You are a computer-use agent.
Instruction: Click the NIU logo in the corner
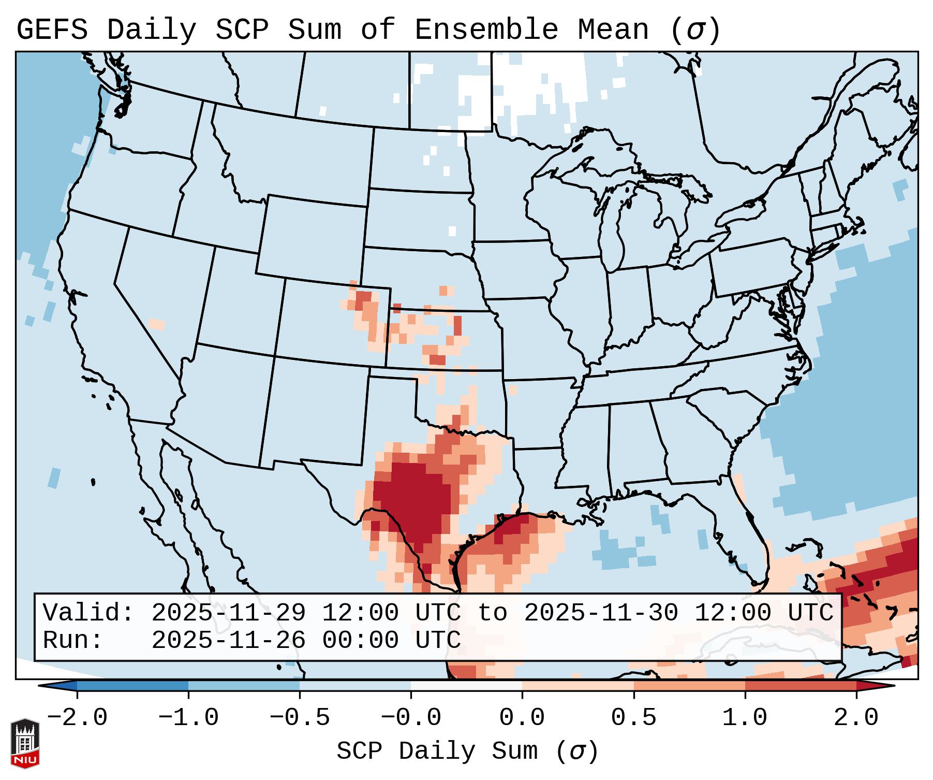(24, 743)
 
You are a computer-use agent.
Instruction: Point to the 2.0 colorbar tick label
(856, 718)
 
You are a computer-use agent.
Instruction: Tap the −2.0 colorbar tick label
(77, 718)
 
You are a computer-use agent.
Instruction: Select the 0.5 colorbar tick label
(633, 718)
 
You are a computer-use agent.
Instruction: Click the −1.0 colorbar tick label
(188, 718)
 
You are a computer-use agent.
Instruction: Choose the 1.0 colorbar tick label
(745, 718)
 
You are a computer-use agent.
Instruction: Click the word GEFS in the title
(52, 30)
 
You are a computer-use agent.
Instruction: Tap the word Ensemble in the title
(486, 30)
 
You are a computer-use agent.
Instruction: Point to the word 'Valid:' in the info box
(88, 613)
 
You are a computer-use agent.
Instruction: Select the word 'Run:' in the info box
(72, 640)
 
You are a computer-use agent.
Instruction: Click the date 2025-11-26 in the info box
(228, 640)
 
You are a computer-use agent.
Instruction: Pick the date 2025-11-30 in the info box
(601, 613)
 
